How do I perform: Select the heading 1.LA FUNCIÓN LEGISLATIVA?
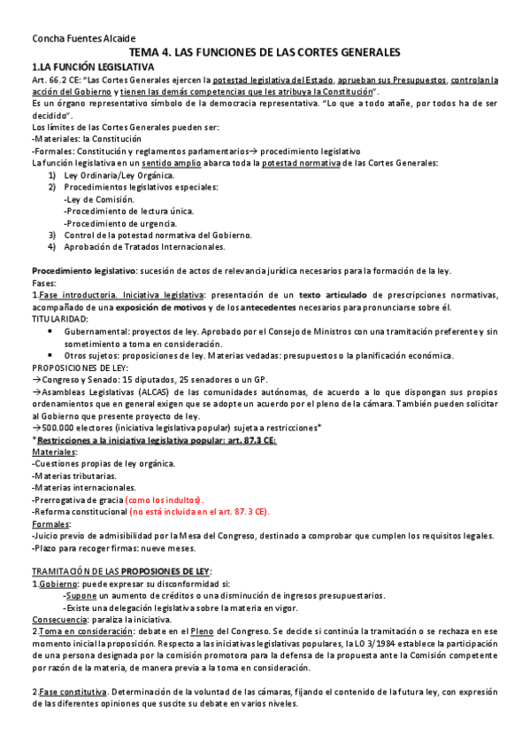92,66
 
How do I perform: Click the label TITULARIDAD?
60,318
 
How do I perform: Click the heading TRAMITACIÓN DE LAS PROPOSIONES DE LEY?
121,571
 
